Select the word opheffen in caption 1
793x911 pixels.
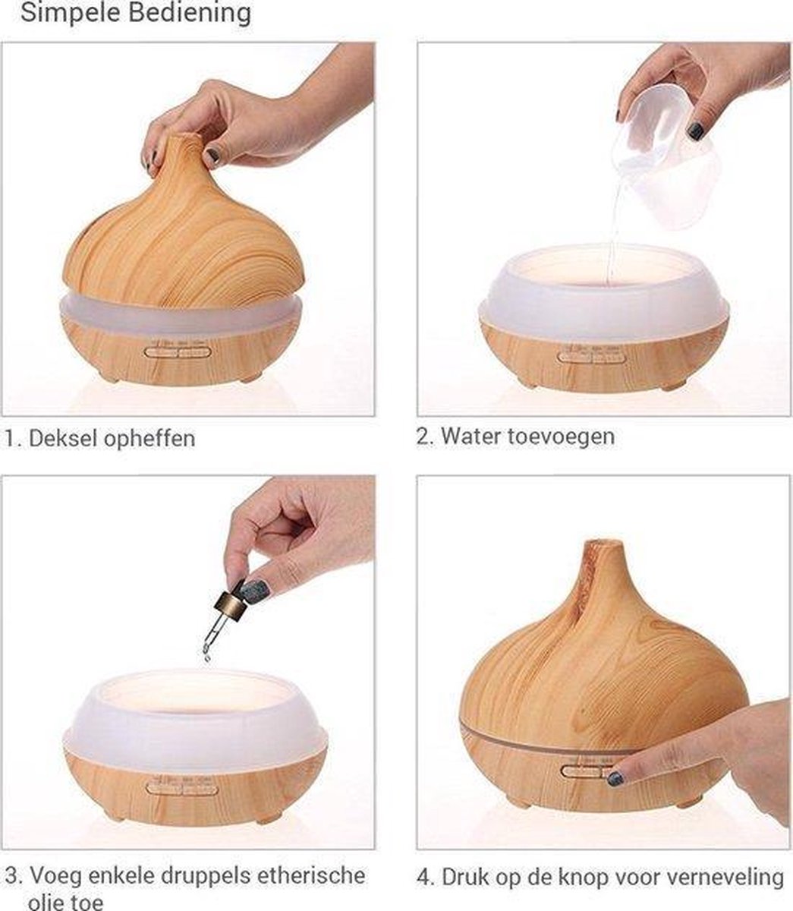[x=149, y=440]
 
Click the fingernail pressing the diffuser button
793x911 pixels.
[x=615, y=778]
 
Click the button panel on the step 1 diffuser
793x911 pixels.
[x=178, y=352]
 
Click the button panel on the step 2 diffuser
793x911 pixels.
[x=591, y=356]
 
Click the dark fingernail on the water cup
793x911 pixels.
[x=696, y=131]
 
